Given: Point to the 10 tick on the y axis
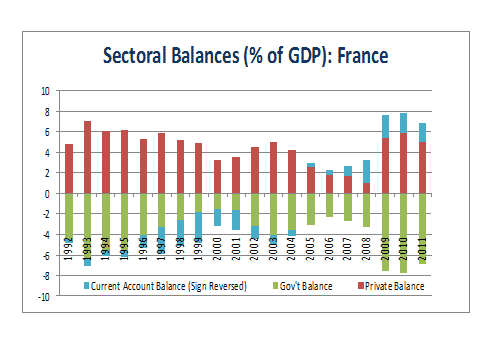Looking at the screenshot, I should click(x=44, y=90).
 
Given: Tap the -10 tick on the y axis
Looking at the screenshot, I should click(x=43, y=297).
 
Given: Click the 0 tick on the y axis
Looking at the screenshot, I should click(x=46, y=193).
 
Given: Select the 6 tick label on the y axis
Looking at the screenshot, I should click(x=46, y=131).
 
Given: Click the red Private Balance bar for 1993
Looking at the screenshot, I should click(x=88, y=157).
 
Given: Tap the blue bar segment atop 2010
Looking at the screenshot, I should click(x=403, y=123).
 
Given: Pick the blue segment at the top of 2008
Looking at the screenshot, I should click(x=366, y=171).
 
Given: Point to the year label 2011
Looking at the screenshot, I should click(x=423, y=246).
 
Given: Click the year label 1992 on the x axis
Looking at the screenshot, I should click(x=69, y=246).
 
